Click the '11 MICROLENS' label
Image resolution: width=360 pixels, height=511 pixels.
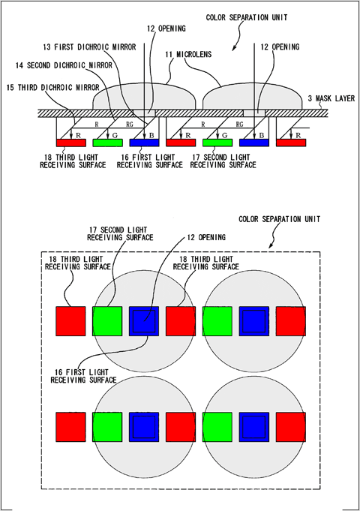tap(188, 55)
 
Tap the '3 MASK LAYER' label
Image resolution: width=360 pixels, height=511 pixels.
tap(331, 98)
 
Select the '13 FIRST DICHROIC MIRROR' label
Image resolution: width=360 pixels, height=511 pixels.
tap(89, 47)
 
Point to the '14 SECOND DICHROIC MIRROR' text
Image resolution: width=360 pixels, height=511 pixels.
tap(64, 66)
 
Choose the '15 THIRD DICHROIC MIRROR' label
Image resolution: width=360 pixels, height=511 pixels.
tap(52, 88)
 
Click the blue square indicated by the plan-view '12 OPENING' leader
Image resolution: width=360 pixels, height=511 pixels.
tap(144, 321)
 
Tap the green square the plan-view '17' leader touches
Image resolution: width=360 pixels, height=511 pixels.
tap(107, 321)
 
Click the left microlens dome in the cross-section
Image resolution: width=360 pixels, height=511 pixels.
tap(144, 97)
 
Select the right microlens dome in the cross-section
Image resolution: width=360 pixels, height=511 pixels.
tap(253, 97)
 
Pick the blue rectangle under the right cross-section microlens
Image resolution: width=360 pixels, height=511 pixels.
tap(254, 143)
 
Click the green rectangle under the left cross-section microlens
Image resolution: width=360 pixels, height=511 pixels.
tap(108, 143)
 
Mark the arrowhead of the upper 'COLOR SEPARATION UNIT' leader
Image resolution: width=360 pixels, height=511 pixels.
tap(233, 49)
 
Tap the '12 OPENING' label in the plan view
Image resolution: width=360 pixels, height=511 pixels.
tap(206, 238)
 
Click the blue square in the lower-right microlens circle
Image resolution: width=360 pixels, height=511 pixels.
tap(254, 427)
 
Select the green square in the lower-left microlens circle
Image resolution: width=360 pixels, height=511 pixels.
tap(107, 427)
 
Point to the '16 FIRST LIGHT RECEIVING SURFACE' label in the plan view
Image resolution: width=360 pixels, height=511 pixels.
tap(83, 376)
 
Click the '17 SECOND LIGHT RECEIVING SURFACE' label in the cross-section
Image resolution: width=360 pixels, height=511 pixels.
tap(223, 161)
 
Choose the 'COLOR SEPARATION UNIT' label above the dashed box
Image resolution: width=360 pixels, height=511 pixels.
tap(280, 219)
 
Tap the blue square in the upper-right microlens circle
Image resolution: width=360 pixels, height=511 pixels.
tap(254, 321)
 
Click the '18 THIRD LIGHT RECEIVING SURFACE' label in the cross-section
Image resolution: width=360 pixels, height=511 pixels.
tap(73, 161)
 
